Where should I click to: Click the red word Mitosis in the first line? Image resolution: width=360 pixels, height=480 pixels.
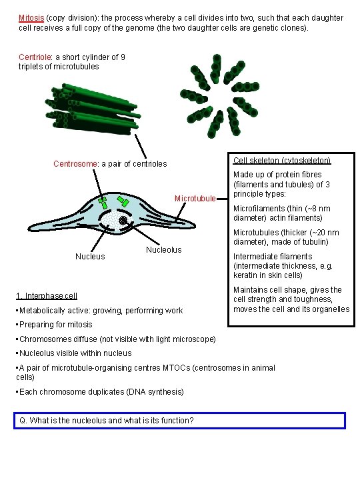point(31,18)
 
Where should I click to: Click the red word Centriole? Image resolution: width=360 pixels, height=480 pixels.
point(35,57)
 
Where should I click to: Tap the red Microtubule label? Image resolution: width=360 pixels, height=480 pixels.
point(195,198)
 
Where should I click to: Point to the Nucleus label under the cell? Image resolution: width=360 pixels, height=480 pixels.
point(90,256)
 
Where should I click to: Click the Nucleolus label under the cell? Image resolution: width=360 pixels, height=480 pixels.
point(163,250)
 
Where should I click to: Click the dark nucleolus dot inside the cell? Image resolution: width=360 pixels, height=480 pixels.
point(123,221)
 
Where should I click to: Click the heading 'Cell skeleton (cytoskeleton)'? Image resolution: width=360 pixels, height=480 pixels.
point(282,160)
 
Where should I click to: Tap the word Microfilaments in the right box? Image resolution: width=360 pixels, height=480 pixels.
point(258,209)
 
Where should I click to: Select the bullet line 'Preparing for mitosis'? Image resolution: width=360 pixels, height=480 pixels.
point(56,325)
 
